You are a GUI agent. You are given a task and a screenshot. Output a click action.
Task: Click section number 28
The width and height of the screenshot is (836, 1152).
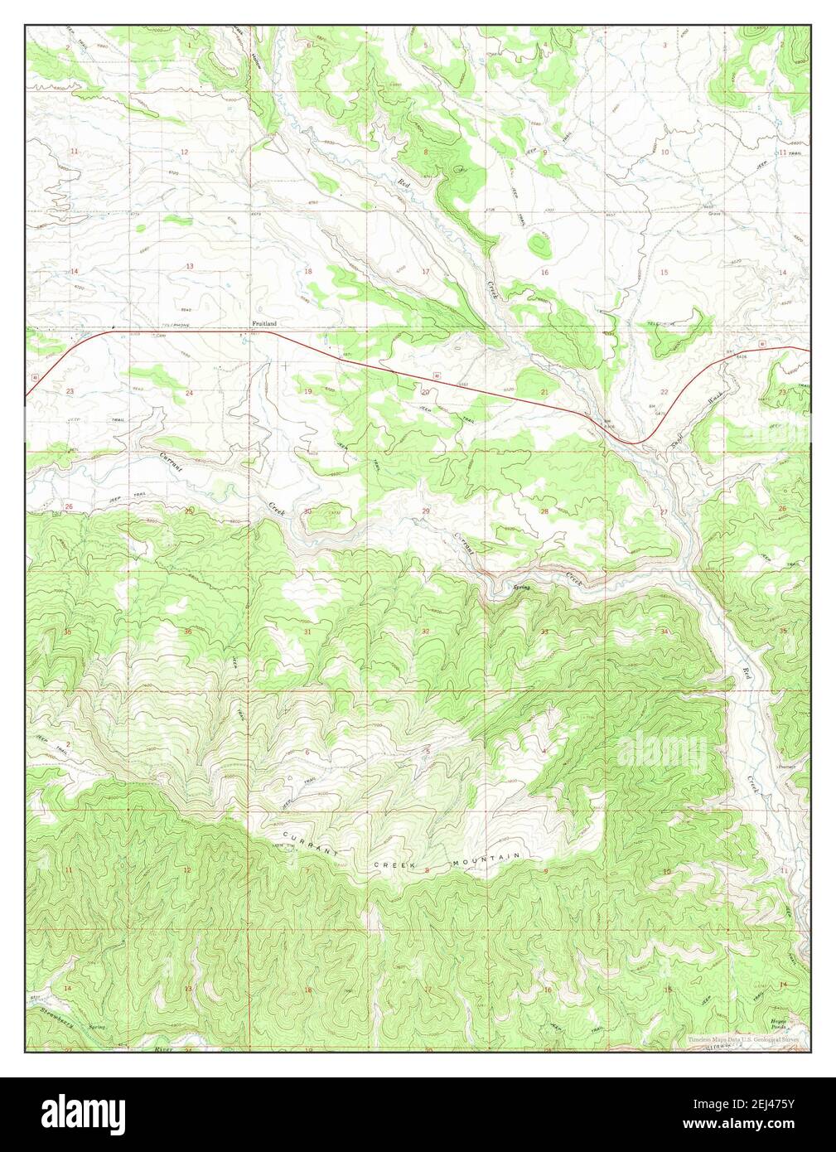point(544,511)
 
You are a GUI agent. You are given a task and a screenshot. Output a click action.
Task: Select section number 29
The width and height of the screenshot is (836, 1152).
point(426,511)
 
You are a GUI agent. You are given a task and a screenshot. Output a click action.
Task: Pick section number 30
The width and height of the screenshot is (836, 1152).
point(307,511)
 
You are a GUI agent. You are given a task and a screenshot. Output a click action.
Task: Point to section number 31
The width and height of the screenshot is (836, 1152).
point(307,632)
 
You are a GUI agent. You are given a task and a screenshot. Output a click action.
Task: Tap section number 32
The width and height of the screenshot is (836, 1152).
point(426,632)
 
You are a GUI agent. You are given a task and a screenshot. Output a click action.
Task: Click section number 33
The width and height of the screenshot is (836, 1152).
point(544,632)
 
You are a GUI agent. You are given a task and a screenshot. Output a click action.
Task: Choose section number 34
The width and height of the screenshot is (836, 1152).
point(664,632)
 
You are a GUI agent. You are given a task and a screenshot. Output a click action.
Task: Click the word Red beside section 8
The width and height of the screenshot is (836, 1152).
point(404,182)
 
